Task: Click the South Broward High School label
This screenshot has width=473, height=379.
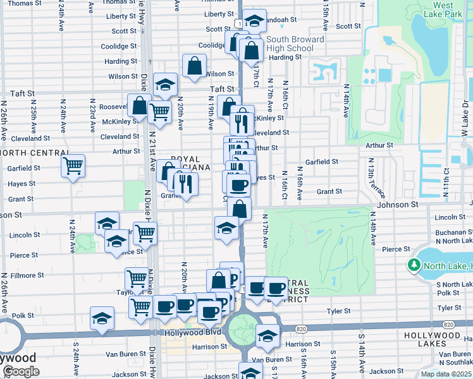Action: click(291, 44)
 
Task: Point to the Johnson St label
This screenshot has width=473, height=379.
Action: click(398, 205)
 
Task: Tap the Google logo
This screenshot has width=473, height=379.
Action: click(21, 371)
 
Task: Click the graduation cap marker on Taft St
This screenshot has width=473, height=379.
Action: click(164, 85)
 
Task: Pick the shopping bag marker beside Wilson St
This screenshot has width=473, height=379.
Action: click(194, 65)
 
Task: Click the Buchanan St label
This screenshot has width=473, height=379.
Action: click(453, 232)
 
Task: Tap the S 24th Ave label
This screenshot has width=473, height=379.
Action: click(76, 358)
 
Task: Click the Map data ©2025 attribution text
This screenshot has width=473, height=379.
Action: click(446, 374)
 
